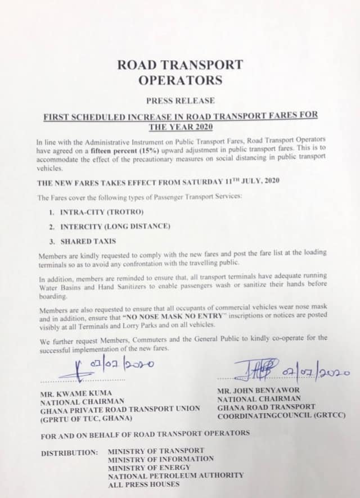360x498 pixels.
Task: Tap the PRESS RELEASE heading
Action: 180,102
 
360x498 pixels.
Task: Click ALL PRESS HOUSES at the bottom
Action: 137,484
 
